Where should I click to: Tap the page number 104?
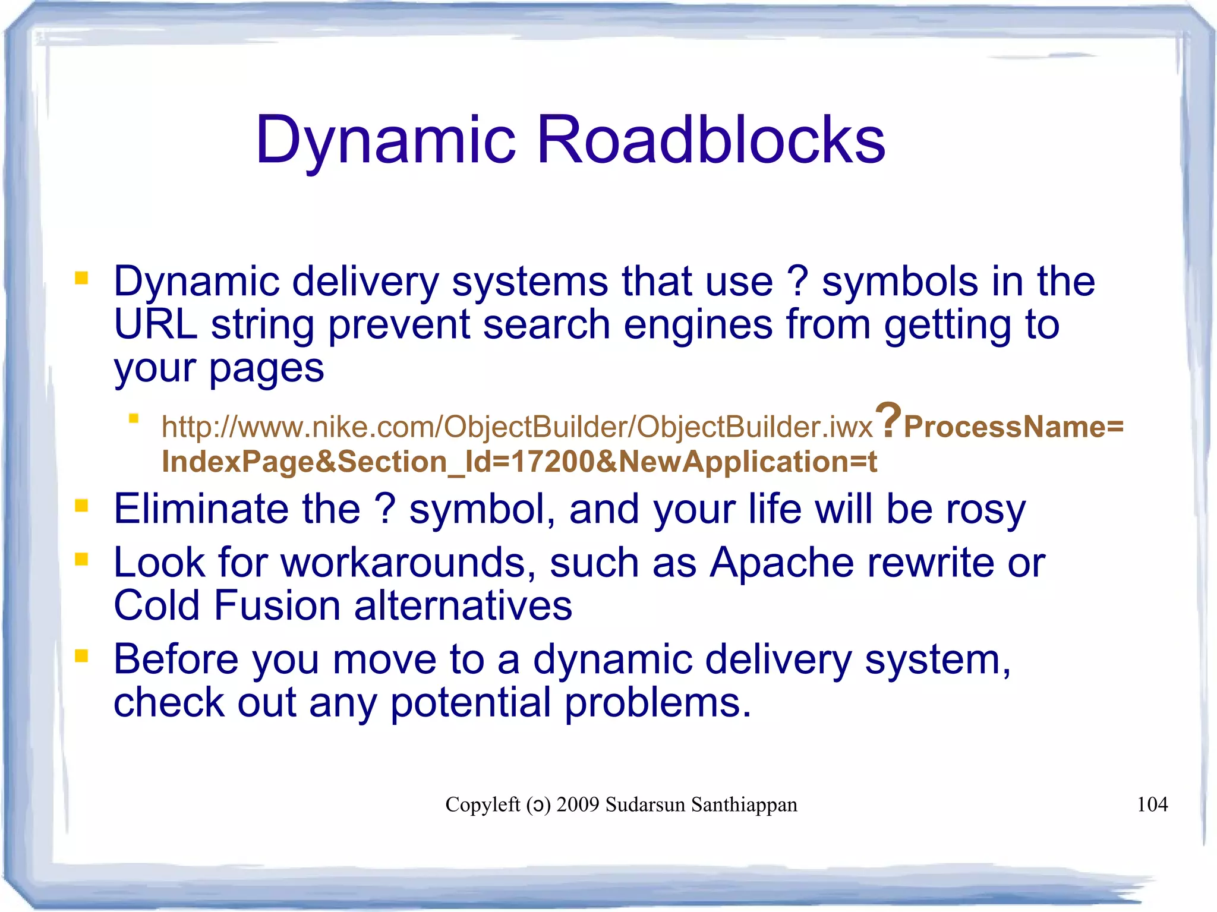(x=1152, y=804)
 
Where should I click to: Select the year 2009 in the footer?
(x=578, y=804)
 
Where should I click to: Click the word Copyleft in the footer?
(x=483, y=804)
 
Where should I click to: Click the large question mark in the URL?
(x=889, y=419)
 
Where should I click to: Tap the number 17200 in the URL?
(x=552, y=462)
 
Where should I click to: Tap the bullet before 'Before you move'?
(x=81, y=657)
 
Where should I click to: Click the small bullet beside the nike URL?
(x=134, y=419)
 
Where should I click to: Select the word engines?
(x=698, y=326)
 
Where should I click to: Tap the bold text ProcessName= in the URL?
(x=1013, y=427)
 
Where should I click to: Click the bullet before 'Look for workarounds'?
(x=81, y=559)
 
